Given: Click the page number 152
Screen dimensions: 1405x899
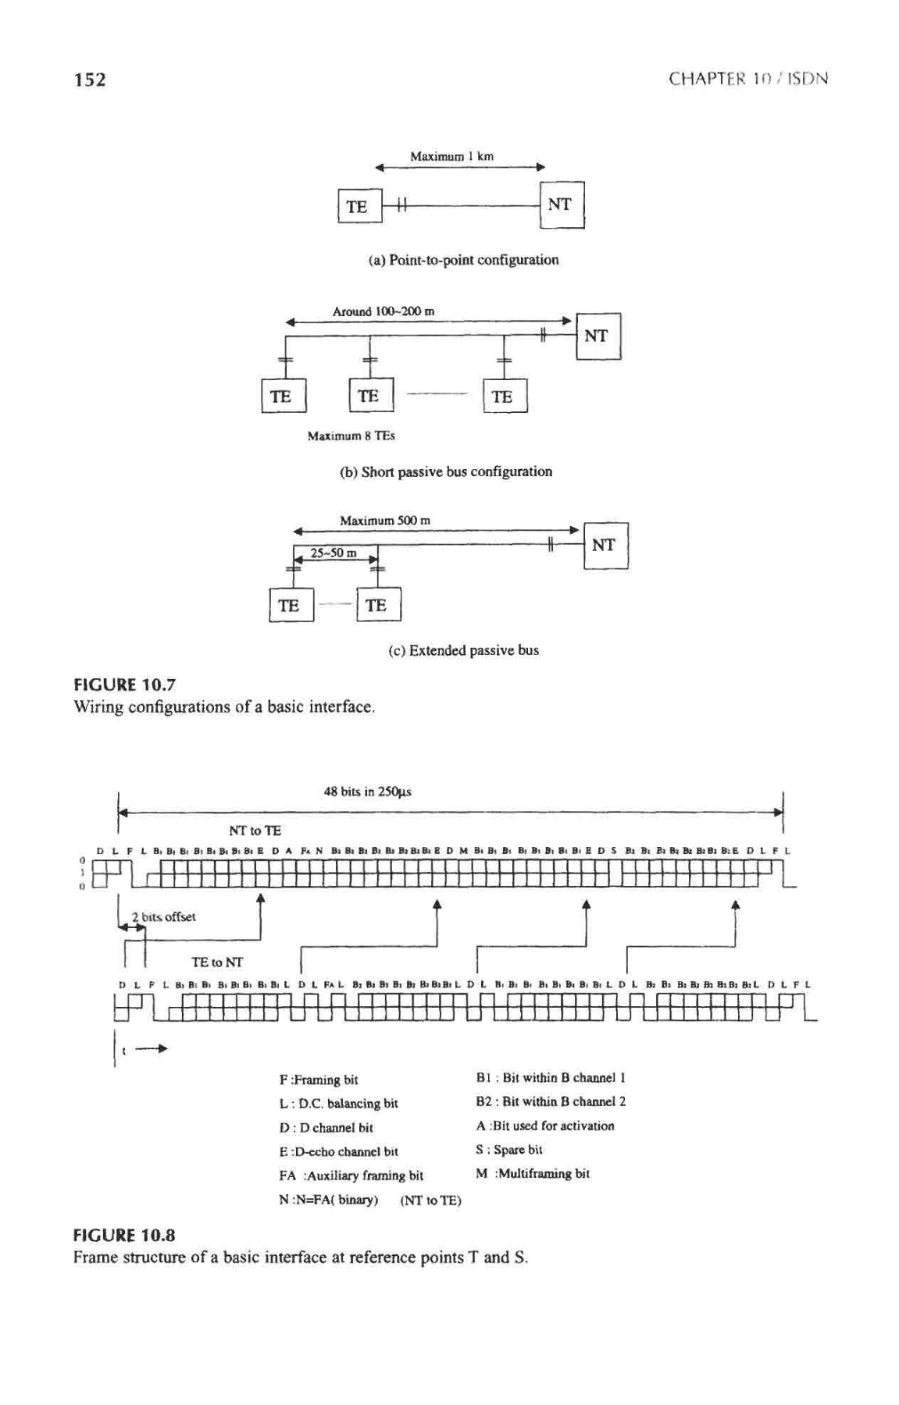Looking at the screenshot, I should (x=90, y=79).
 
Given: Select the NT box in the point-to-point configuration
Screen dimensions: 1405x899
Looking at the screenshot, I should (x=561, y=205).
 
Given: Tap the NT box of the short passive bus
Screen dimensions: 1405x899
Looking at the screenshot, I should (x=598, y=336).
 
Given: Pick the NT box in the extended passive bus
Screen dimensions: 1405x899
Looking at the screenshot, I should (x=605, y=545).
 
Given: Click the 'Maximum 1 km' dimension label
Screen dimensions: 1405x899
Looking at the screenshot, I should (x=451, y=156).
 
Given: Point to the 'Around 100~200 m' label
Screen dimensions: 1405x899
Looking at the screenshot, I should (x=384, y=311).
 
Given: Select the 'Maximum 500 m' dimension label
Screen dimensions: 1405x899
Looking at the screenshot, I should (x=384, y=520).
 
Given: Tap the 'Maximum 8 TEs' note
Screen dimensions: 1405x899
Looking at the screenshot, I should (x=351, y=436).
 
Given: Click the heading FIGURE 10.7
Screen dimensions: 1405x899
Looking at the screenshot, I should (x=124, y=685).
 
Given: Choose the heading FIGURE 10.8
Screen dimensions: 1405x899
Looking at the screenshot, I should (x=124, y=1235).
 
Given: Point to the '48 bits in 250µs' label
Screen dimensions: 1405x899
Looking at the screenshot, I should (x=367, y=791).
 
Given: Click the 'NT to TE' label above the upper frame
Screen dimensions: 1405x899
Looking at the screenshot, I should (x=255, y=831).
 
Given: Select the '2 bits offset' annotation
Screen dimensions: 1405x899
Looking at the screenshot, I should (x=163, y=916).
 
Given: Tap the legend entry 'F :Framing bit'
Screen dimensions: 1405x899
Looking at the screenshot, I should (x=319, y=1080).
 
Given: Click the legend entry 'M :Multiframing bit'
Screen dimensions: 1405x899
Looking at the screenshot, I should (x=533, y=1173).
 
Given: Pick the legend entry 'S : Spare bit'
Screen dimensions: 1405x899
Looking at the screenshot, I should (x=509, y=1150).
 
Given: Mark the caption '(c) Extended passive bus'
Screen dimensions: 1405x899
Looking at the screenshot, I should (x=463, y=650).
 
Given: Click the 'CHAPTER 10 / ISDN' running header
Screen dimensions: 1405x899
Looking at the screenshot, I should (x=747, y=79).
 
